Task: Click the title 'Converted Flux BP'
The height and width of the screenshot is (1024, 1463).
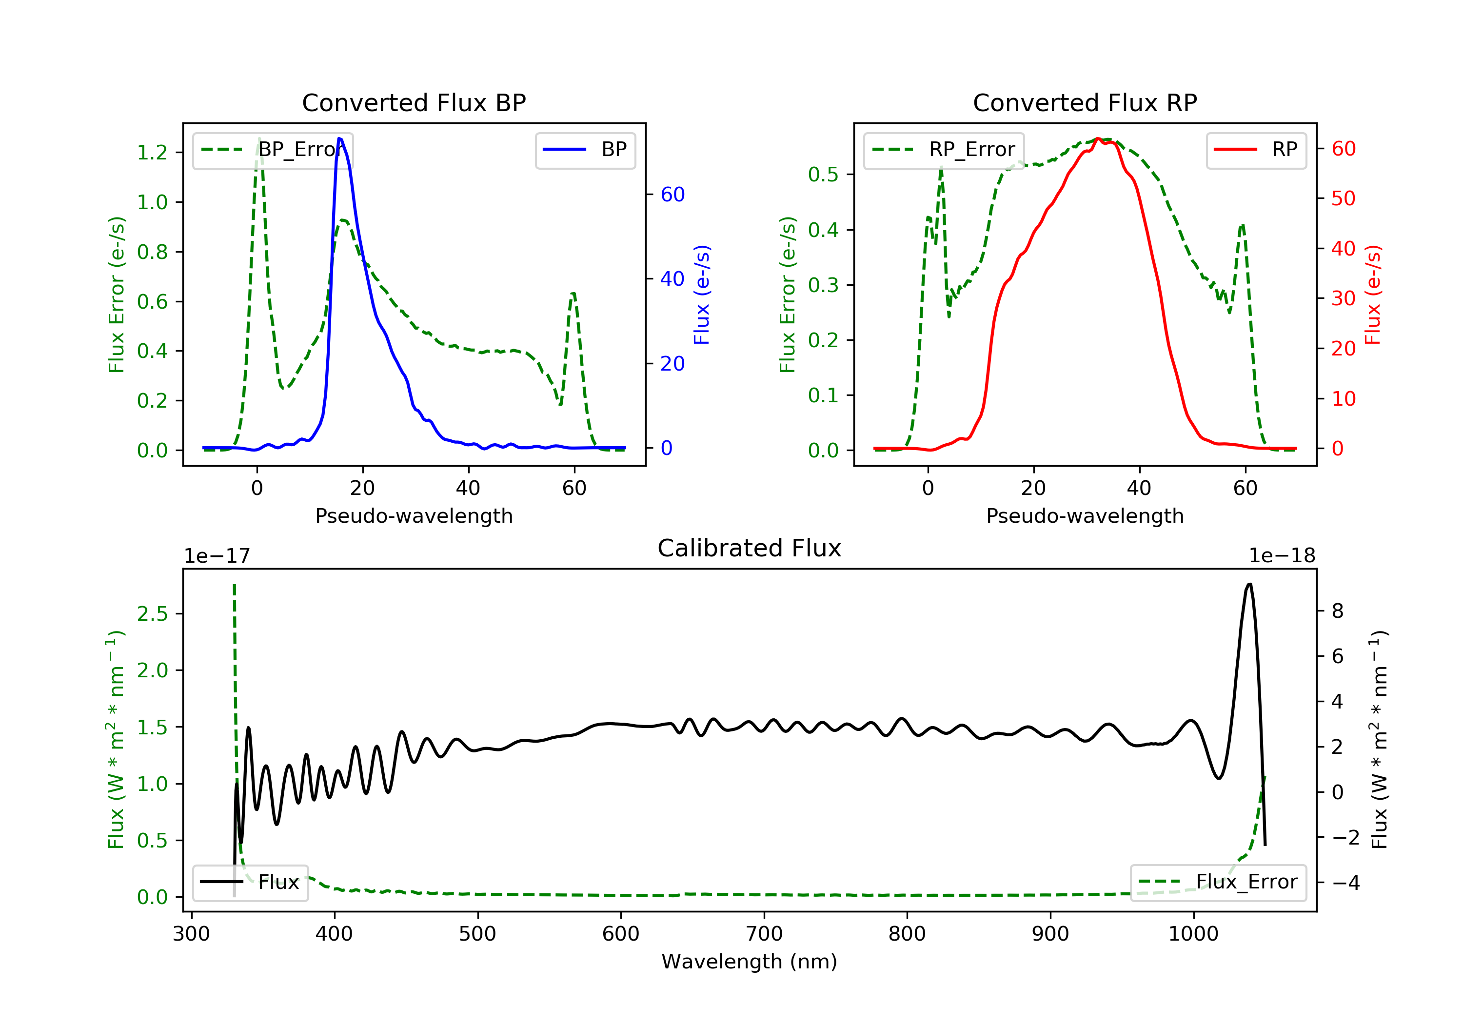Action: pos(414,102)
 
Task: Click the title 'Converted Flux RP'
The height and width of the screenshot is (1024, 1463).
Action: pos(1085,102)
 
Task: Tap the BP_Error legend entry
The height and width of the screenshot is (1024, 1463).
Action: pos(273,150)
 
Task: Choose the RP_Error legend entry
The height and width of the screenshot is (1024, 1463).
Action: pos(944,150)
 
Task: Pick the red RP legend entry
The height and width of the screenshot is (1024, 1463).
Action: pos(1256,150)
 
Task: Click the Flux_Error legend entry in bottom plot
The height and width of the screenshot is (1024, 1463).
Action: pos(1218,882)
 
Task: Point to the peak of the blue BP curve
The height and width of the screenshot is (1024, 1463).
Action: pos(339,138)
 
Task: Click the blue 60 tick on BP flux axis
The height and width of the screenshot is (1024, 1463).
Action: pos(672,195)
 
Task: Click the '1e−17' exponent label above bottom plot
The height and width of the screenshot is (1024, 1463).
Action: pos(217,556)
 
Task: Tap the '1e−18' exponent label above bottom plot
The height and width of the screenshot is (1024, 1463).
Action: pos(1282,556)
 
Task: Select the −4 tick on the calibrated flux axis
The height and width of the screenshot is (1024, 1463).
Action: pos(1346,883)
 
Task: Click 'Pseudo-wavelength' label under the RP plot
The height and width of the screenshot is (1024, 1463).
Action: pos(1085,515)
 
